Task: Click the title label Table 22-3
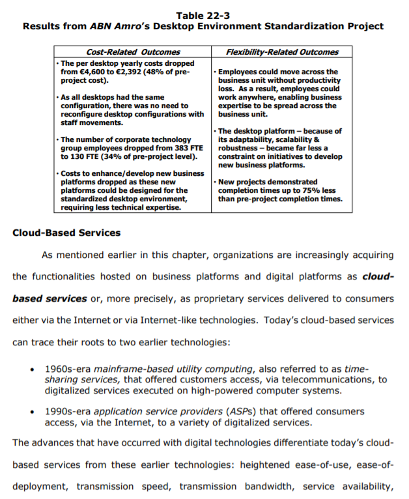[203, 15]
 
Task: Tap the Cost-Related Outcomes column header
[133, 52]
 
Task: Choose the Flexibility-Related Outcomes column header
[282, 52]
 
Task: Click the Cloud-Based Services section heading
[66, 233]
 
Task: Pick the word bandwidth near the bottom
[268, 486]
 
